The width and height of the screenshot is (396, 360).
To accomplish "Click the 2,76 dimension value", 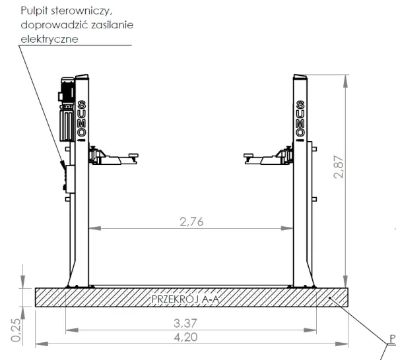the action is pos(191,222).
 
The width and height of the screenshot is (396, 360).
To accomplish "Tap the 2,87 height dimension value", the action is pos(339,167).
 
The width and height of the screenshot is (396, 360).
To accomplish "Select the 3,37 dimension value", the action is pos(185,324).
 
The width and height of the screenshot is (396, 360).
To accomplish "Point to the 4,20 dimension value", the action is pos(185,338).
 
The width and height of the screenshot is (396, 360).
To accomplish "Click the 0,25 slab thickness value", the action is pos(16,330).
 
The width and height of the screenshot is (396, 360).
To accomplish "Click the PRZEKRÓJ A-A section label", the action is pos(185,299).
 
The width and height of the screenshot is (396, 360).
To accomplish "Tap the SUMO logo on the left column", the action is pos(82,119).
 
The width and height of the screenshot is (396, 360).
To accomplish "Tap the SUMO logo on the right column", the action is pos(300,119).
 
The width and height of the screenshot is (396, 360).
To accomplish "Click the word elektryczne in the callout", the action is pos(49,39).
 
